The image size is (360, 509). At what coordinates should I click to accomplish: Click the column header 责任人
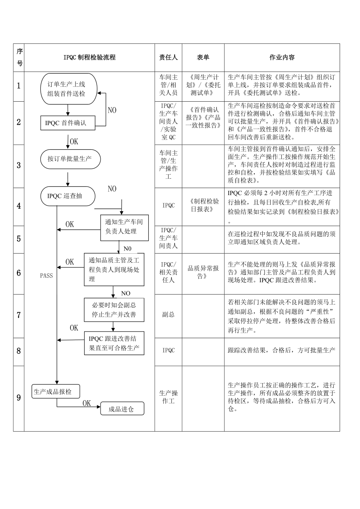[x=168, y=57]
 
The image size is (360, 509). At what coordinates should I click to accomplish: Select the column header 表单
[x=203, y=57]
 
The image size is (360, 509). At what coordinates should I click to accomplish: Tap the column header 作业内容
[x=282, y=57]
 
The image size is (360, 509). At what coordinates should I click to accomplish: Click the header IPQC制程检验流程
[x=89, y=57]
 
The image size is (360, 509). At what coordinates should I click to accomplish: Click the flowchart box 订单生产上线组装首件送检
[x=69, y=89]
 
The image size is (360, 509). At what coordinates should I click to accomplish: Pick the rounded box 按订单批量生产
[x=70, y=159]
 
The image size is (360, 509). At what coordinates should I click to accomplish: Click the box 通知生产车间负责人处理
[x=124, y=227]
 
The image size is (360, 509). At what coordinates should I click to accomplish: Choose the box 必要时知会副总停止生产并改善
[x=114, y=310]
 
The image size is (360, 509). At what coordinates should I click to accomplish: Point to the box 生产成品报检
[x=56, y=391]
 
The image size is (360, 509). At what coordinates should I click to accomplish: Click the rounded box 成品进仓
[x=122, y=409]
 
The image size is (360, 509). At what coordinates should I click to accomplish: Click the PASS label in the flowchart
[x=46, y=276]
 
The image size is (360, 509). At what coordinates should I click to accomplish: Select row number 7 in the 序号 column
[x=19, y=315]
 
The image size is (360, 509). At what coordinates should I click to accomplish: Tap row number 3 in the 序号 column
[x=19, y=166]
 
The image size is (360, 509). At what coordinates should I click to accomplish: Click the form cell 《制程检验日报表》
[x=203, y=206]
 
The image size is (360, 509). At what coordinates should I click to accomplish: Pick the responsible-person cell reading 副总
[x=168, y=315]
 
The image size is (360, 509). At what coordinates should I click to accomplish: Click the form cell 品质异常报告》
[x=203, y=272]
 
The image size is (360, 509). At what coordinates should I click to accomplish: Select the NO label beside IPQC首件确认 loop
[x=112, y=110]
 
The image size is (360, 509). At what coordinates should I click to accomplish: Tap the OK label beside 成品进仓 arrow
[x=86, y=403]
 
